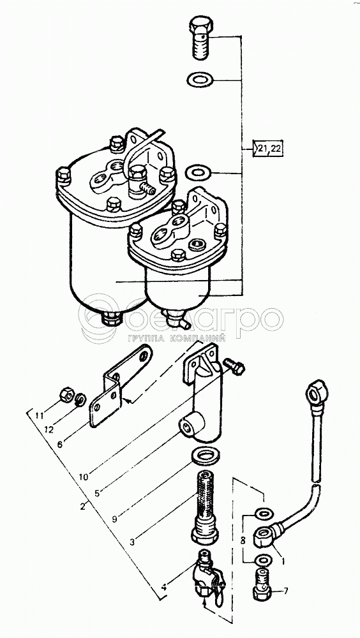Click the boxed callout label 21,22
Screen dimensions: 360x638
[268, 149]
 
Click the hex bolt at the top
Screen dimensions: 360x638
[200, 38]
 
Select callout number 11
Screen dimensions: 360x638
[39, 416]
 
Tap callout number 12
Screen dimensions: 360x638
[49, 430]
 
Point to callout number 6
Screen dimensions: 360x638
[60, 444]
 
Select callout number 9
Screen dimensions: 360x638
[116, 519]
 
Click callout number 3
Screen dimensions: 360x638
[133, 542]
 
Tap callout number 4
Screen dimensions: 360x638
[163, 587]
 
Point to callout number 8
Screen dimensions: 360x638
[243, 541]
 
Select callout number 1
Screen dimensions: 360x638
[283, 561]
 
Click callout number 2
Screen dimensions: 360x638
[82, 507]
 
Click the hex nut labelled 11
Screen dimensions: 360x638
[66, 394]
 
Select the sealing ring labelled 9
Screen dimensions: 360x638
[205, 456]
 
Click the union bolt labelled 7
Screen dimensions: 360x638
[262, 584]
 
